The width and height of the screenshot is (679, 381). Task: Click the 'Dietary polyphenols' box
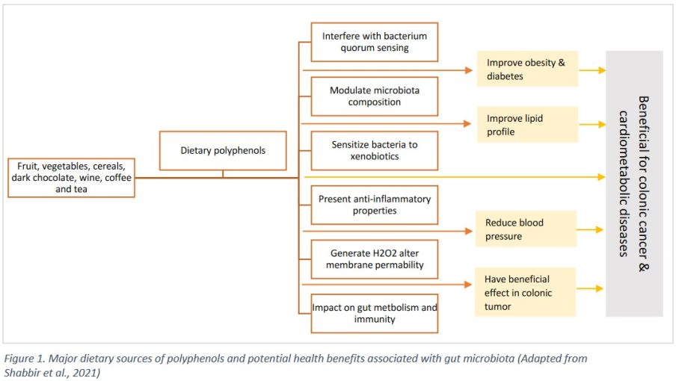tap(223, 150)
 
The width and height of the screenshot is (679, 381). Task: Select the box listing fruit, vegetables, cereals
tap(72, 178)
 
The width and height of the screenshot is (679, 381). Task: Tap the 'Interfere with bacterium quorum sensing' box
tap(375, 42)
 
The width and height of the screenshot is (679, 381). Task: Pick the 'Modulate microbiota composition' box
tap(375, 96)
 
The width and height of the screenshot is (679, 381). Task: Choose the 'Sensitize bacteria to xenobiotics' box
tap(375, 150)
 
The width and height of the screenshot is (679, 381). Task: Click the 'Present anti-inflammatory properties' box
tap(375, 205)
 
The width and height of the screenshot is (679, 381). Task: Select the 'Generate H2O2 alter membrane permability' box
tap(375, 259)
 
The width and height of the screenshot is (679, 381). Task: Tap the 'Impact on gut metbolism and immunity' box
tap(375, 314)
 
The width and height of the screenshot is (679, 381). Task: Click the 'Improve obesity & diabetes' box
tap(527, 69)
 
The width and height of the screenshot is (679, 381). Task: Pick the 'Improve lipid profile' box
tap(527, 125)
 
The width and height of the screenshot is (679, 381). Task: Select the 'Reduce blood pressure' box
tap(526, 229)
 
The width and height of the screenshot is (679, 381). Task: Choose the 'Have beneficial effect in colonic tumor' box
tap(525, 292)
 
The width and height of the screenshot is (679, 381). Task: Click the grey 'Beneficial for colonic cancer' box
tap(634, 184)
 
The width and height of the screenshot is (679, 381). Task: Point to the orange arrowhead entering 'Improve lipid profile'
tap(467, 124)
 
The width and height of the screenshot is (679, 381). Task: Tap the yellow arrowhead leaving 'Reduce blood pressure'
tap(599, 229)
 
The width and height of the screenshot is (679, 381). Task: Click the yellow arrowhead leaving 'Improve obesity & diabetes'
tap(602, 70)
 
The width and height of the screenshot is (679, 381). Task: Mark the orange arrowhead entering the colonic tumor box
tap(467, 284)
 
